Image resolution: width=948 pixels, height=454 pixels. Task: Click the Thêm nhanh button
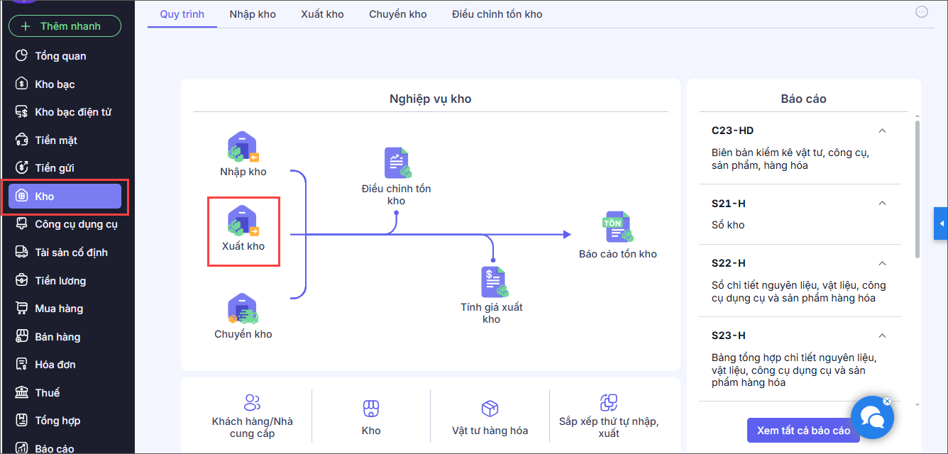65,26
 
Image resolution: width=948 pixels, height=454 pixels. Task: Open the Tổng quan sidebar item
60,56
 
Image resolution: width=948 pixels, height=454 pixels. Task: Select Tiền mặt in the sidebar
56,140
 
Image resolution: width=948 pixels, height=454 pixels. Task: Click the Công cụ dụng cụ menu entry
76,224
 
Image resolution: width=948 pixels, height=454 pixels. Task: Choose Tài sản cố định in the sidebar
71,253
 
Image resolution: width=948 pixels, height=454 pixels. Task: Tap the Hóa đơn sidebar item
55,365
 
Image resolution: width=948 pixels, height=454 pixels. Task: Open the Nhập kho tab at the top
253,14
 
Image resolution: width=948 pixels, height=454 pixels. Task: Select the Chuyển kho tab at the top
397,14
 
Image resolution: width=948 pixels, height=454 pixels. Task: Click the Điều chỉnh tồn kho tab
497,14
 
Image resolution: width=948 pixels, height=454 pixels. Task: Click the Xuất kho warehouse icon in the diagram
243,222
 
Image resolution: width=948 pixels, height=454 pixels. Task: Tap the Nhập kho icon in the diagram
243,148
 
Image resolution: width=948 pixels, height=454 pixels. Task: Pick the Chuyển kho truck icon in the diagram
243,310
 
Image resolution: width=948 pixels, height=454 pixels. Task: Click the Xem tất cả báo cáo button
803,431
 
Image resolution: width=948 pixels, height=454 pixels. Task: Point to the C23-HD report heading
732,131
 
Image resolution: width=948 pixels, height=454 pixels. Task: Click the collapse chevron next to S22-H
882,263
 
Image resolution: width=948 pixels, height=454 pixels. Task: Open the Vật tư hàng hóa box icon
490,409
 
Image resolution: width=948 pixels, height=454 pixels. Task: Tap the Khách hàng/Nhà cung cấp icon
252,403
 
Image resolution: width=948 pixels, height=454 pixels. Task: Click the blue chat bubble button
871,419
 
